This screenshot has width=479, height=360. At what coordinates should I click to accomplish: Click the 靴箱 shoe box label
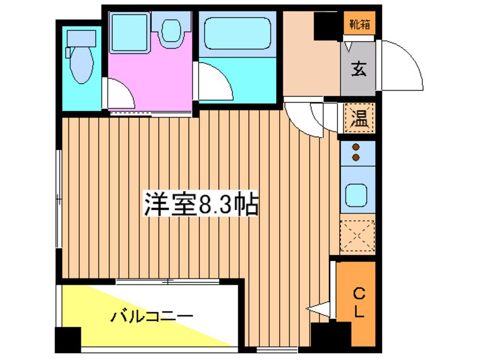point(360,24)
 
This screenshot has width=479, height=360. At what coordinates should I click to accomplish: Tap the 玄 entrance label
point(358,69)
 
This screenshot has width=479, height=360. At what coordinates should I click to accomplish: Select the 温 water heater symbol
point(359,118)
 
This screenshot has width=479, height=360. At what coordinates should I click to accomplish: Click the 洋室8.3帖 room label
point(201,204)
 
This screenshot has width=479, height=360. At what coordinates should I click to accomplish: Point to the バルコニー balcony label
point(152,316)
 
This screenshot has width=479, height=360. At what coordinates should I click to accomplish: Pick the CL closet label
point(359,303)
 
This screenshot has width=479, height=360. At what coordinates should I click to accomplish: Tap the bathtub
point(238,33)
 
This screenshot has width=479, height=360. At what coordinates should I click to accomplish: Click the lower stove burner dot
point(356,157)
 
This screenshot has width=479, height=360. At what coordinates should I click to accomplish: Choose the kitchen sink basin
point(356,195)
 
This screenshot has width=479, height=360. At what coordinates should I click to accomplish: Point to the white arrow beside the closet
point(318,309)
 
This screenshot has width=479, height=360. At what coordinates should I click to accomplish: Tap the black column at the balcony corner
point(68,340)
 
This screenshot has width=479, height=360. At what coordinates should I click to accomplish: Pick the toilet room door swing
point(121,93)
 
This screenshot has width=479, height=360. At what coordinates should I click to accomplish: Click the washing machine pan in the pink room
point(130,32)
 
